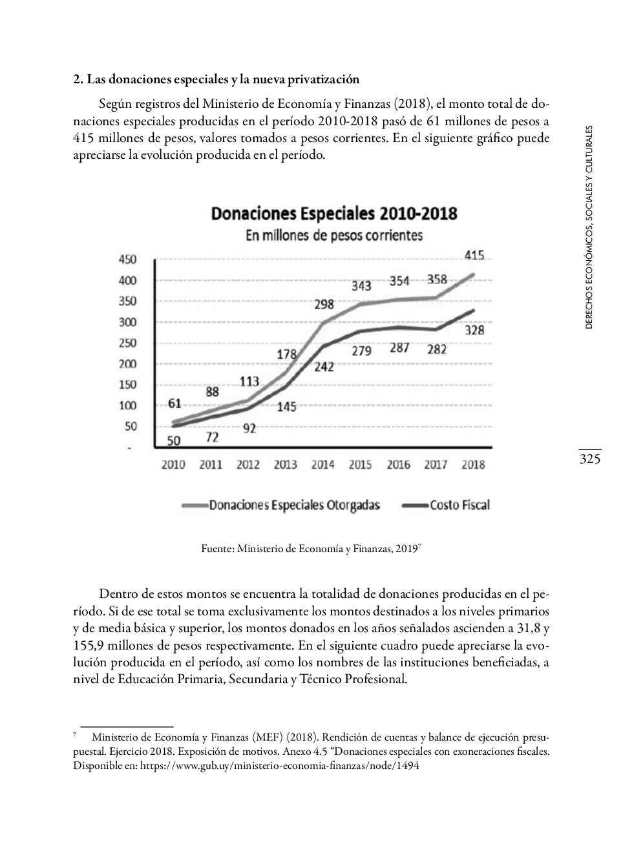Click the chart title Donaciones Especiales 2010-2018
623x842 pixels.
(333, 214)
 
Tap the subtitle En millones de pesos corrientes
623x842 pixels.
(333, 236)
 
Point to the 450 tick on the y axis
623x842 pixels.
(127, 260)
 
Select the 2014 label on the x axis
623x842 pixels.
(322, 465)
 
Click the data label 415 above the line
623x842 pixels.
(474, 256)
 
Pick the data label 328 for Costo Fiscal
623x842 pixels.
(474, 330)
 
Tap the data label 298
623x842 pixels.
(324, 304)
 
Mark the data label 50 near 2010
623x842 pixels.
(174, 441)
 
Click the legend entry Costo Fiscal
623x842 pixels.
(459, 506)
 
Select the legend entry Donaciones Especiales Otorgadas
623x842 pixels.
(295, 506)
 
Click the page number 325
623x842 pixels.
(590, 459)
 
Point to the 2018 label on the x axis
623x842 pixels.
(473, 465)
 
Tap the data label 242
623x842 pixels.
(324, 367)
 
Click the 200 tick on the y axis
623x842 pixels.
(127, 364)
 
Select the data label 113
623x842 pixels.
(249, 381)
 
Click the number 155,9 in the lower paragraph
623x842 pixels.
(87, 645)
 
